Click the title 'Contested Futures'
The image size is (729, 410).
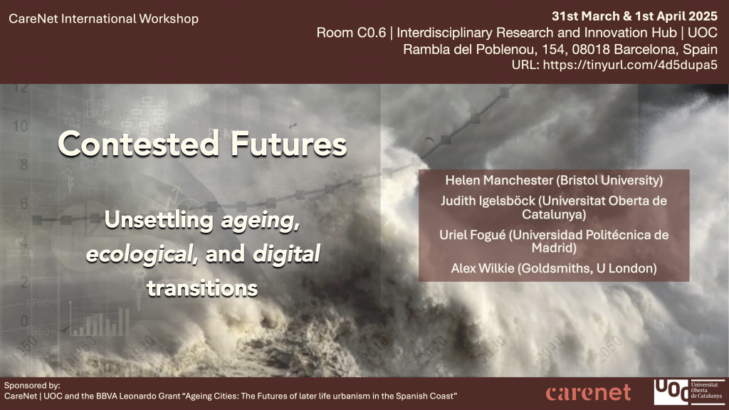202,144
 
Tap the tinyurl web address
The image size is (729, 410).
630,65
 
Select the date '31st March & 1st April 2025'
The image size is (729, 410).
634,16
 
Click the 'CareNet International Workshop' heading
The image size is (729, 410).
104,19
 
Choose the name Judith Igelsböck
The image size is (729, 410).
488,201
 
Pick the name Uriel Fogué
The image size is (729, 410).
473,235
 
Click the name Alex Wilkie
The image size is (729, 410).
483,268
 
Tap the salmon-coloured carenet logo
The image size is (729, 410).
588,393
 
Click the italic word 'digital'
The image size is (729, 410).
286,254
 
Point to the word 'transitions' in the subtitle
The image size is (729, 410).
202,288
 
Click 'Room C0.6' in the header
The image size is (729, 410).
351,33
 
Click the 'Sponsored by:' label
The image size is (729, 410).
32,386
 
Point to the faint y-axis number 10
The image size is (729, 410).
20,125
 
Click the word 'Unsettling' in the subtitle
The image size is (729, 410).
159,220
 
